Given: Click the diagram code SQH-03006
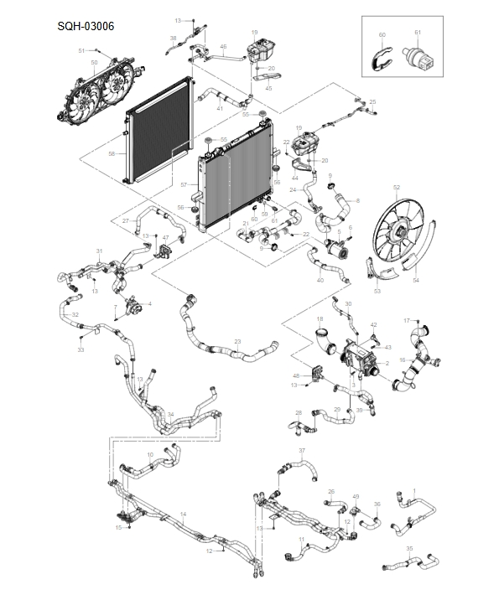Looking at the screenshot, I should tap(86, 26).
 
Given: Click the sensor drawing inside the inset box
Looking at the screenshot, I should tap(418, 59).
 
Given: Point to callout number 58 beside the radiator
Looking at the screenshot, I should tap(112, 154).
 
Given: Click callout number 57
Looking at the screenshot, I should tap(184, 184).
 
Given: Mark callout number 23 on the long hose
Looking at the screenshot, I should tap(237, 341).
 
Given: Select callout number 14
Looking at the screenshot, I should tap(183, 513).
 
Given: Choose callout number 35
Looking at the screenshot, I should tap(409, 549).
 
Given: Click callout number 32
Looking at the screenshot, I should tap(75, 315).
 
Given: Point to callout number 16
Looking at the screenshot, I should tap(402, 359).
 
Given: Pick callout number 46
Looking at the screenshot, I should tap(223, 46).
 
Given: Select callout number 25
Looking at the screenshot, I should tap(372, 101).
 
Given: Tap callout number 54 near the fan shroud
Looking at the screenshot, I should tap(415, 282).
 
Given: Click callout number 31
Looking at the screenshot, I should tap(99, 251).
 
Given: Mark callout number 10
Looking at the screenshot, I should tap(150, 455).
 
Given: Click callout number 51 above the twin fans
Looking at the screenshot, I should tap(82, 51).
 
